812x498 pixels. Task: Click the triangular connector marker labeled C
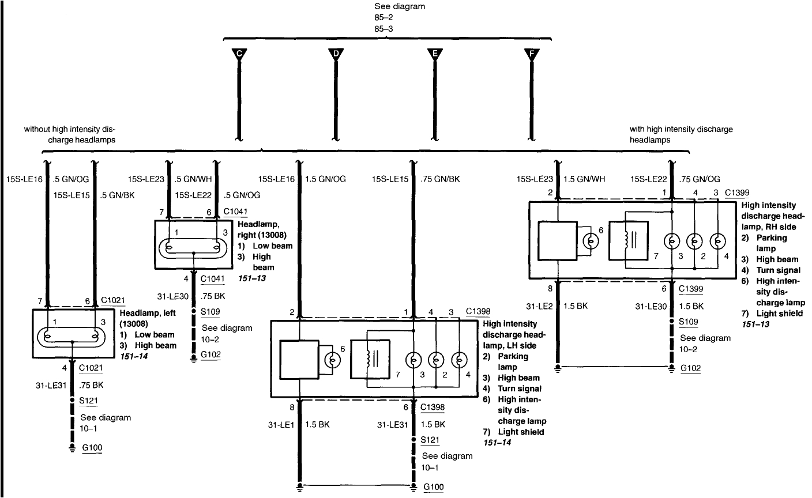[238, 54]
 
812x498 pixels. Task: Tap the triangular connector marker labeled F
[532, 54]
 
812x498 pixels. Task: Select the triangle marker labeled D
[336, 54]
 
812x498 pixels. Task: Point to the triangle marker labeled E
[435, 54]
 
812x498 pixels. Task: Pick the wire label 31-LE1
[280, 425]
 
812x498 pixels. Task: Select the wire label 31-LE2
[539, 306]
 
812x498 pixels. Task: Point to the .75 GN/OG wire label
[701, 179]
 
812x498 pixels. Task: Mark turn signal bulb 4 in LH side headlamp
[459, 360]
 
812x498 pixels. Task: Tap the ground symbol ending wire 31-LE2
[558, 367]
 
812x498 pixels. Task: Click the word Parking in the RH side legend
[772, 237]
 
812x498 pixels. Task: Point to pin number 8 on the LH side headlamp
[292, 407]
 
